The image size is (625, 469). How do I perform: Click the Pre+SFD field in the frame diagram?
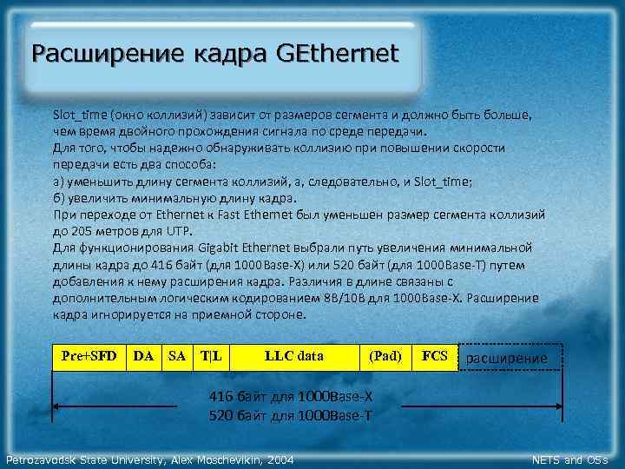tap(89, 356)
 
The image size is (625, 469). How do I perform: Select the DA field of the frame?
tap(144, 356)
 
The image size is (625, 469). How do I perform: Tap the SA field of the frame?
tap(177, 356)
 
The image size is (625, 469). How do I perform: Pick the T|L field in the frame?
tap(211, 356)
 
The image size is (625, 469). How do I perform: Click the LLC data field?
tap(293, 356)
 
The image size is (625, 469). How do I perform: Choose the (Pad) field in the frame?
tap(385, 356)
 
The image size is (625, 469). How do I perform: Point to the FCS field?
tap(434, 356)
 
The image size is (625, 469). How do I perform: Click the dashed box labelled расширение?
tap(508, 358)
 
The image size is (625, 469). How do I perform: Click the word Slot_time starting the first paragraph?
tap(77, 115)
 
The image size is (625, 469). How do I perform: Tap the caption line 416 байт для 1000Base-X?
tap(291, 397)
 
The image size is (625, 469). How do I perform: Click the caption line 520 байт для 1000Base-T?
tap(291, 415)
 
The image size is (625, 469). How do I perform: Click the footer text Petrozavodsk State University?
tap(84, 459)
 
